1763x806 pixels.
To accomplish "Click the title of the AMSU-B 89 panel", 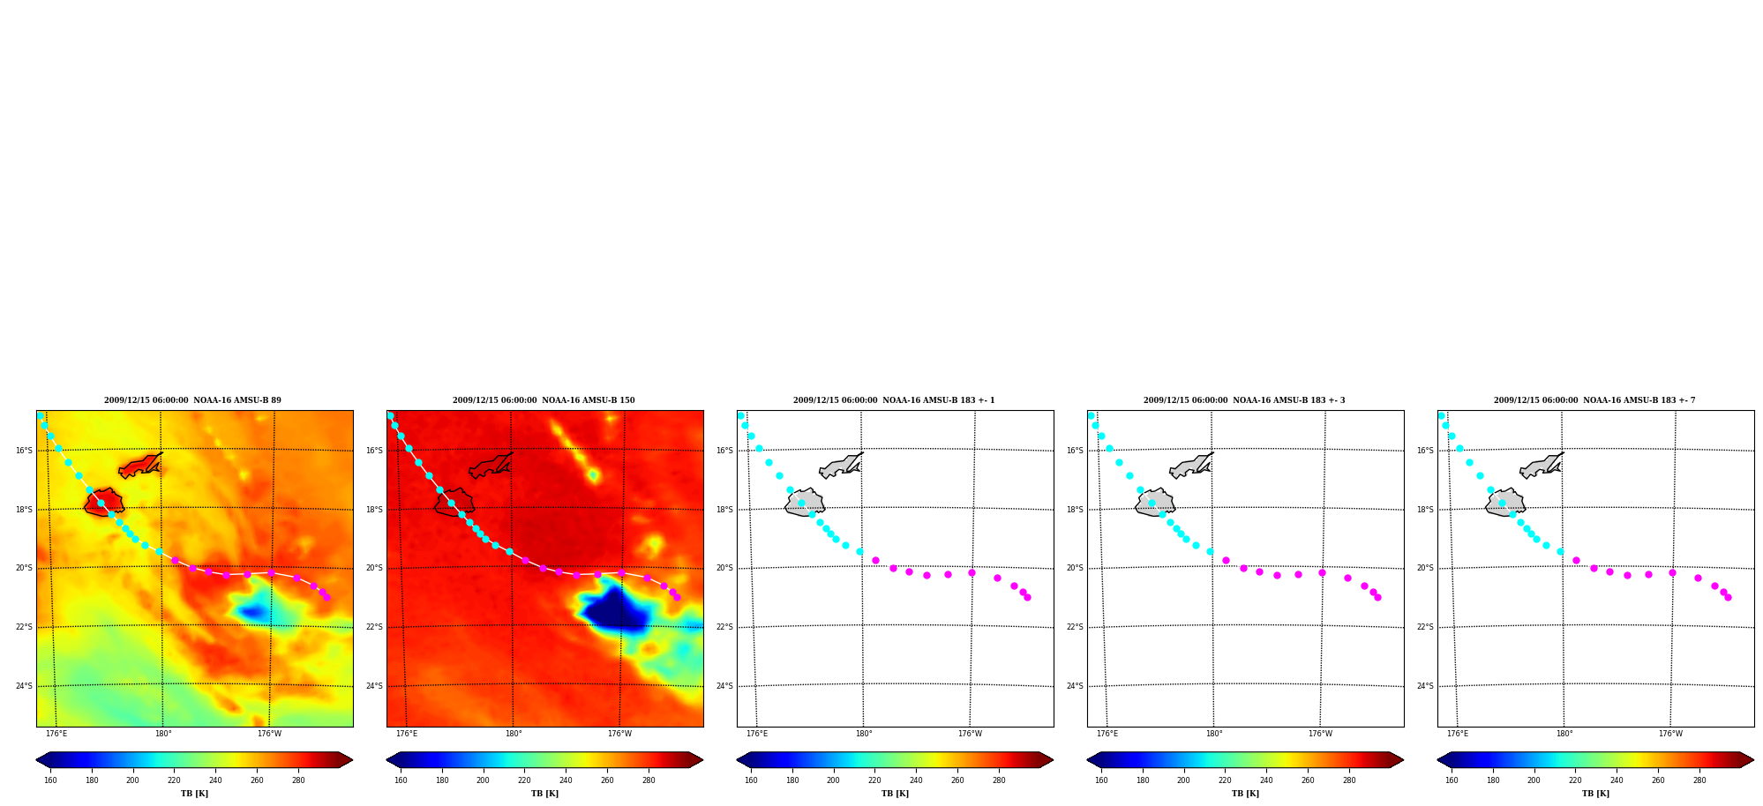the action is coord(192,400).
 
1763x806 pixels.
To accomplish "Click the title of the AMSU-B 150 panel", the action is coord(544,400).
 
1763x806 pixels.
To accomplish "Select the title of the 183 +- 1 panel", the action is coord(894,400).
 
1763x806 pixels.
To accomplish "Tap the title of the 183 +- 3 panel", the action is coord(1244,400).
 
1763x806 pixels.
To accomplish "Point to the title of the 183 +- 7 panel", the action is coord(1594,400).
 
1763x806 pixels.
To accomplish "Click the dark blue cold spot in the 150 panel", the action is coord(616,608).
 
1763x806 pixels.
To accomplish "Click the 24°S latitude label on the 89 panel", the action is coord(24,686).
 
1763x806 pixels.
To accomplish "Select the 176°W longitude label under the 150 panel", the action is coord(619,734).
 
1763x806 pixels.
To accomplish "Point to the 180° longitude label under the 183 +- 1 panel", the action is coord(864,734).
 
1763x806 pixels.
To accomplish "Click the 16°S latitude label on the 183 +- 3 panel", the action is coord(1075,451).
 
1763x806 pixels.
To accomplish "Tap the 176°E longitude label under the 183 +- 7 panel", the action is coord(1458,734).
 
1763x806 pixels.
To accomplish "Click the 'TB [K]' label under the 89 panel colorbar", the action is coord(194,794).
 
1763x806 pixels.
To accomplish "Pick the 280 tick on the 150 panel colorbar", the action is coord(649,780).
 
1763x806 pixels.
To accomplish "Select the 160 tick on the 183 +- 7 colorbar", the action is coord(1452,780).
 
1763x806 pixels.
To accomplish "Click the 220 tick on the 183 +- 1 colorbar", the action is coord(874,780).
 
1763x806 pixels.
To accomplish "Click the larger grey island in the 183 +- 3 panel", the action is coord(1154,503).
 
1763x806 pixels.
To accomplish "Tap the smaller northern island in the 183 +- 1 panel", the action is coord(840,466).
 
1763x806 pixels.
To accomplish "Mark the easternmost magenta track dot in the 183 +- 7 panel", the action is coord(1728,597).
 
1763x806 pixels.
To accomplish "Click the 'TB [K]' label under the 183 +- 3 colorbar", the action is coord(1245,794).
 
